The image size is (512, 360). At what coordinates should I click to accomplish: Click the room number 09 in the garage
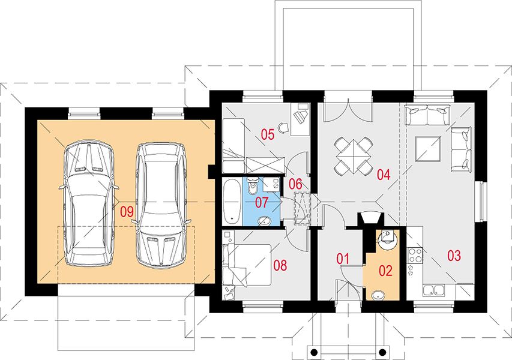(127, 212)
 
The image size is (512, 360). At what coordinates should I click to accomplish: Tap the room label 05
(268, 134)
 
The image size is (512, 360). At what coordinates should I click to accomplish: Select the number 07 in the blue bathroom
(261, 203)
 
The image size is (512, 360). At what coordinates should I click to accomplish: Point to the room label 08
(280, 265)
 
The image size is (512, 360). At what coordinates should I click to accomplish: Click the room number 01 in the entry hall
(343, 259)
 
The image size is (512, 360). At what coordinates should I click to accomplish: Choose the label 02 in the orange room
(385, 271)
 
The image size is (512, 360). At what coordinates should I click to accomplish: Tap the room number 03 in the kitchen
(454, 256)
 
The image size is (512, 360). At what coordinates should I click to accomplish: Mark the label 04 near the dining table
(384, 175)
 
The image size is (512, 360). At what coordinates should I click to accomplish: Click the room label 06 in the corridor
(295, 184)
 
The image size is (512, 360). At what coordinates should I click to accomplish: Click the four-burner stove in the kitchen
(415, 255)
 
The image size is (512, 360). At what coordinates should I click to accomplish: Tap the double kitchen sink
(433, 290)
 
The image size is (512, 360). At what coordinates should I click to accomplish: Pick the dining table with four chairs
(354, 155)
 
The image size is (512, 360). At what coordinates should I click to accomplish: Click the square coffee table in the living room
(428, 149)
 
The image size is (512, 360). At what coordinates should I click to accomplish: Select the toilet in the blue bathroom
(253, 187)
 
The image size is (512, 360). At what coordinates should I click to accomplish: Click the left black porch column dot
(314, 352)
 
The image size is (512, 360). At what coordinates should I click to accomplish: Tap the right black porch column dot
(382, 352)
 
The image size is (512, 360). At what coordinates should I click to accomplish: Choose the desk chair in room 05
(283, 127)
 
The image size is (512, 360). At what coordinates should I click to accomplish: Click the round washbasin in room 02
(378, 296)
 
